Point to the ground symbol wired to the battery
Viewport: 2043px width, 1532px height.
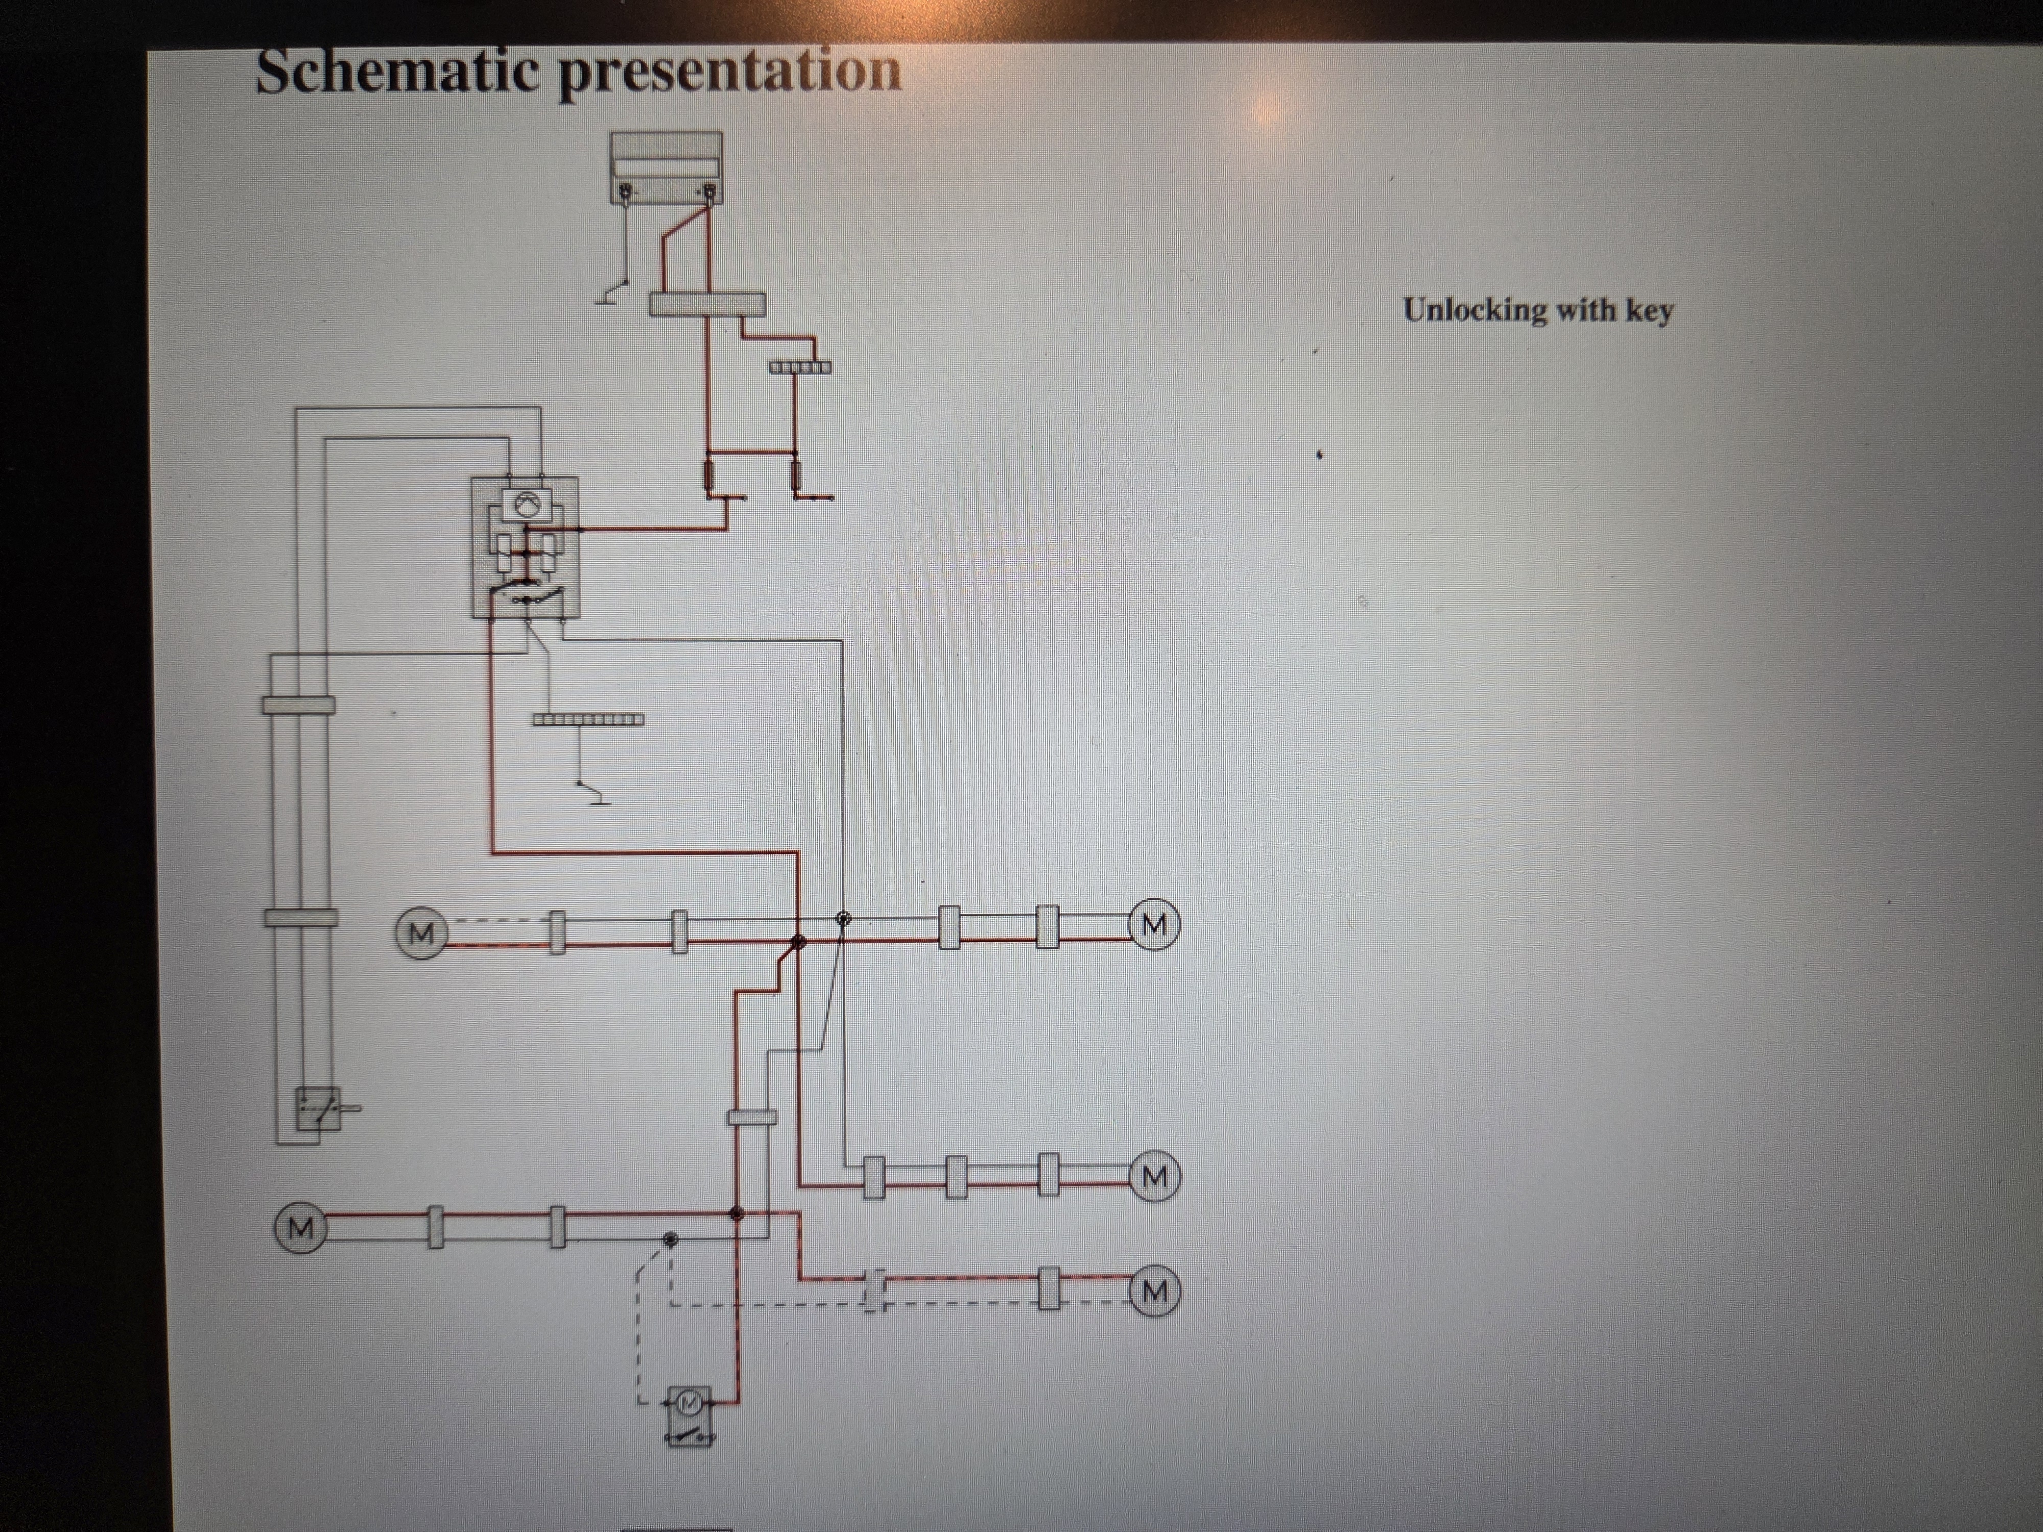[x=609, y=294]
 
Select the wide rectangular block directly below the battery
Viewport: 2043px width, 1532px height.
[x=707, y=304]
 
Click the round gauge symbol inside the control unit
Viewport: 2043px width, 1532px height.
[x=525, y=504]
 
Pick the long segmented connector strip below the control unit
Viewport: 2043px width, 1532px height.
[x=588, y=720]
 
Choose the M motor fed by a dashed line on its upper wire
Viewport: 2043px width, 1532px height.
[x=421, y=932]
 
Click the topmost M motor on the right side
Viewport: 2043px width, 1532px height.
[x=1154, y=923]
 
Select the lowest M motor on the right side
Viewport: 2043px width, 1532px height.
[x=1154, y=1291]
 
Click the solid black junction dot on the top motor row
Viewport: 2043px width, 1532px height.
[x=799, y=942]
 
